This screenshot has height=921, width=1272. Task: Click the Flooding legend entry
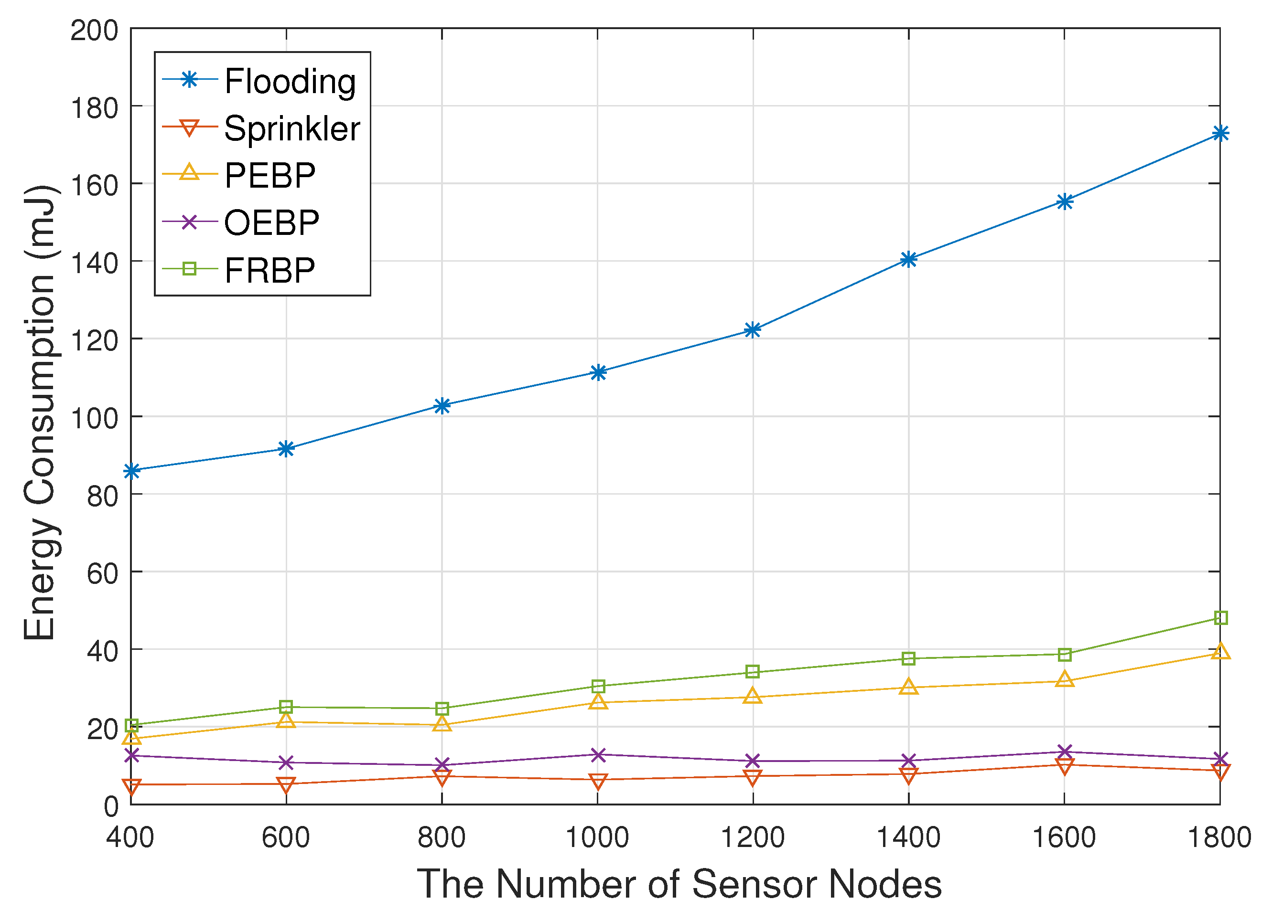(x=290, y=81)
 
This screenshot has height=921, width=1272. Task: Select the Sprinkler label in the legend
(x=291, y=128)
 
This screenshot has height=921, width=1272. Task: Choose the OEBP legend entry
(x=271, y=222)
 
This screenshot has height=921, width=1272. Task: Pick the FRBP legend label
(x=270, y=270)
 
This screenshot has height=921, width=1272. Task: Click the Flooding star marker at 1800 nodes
(x=1220, y=133)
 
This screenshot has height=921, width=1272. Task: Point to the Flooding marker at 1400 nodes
(x=908, y=259)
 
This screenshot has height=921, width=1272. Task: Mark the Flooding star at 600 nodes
(x=286, y=448)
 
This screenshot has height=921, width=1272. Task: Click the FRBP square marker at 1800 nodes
(x=1220, y=618)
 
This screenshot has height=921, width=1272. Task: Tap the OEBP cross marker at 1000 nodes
(x=598, y=754)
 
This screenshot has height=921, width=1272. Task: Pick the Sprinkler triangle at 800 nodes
(x=442, y=777)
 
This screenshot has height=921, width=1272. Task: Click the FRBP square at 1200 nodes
(x=753, y=672)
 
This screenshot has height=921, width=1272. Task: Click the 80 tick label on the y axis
(x=102, y=496)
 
